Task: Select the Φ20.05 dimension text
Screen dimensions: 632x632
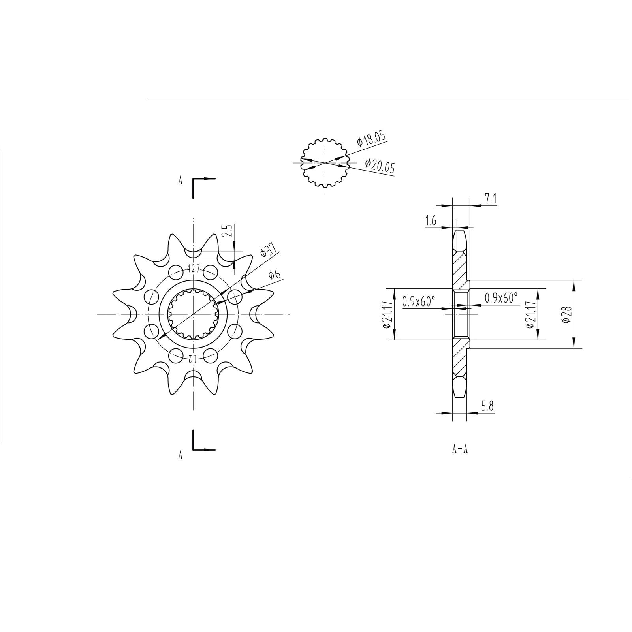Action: tap(380, 167)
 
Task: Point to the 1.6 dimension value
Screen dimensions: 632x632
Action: tap(431, 221)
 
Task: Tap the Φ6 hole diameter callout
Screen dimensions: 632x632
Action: tap(274, 275)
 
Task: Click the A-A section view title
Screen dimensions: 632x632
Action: tap(460, 449)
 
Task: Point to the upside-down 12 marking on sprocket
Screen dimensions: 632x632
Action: tap(192, 359)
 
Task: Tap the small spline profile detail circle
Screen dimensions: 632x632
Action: tap(325, 162)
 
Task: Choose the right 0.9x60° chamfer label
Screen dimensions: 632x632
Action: tap(501, 298)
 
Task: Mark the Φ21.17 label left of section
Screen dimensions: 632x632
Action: tap(387, 314)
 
